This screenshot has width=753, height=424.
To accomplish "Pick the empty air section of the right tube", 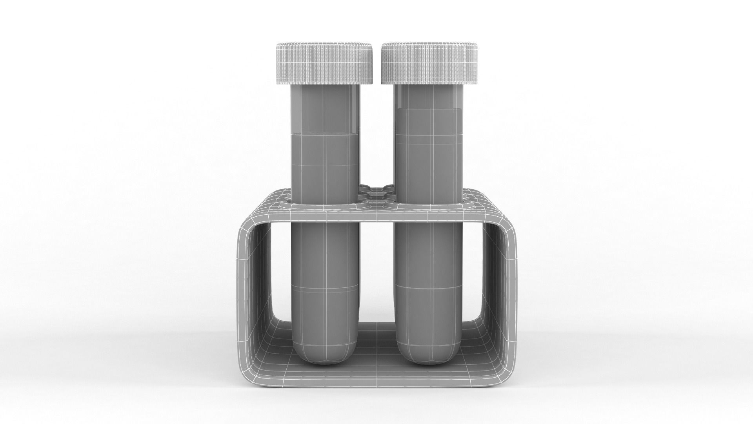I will tap(427, 96).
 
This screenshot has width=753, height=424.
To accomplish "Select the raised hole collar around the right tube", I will tap(467, 205).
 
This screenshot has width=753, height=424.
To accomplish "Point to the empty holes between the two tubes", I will tap(376, 192).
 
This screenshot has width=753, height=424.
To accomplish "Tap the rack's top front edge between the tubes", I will tap(376, 216).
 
